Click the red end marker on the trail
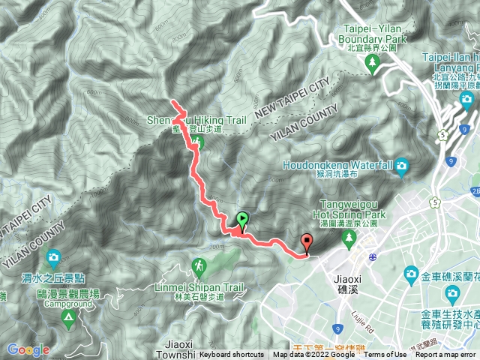307,242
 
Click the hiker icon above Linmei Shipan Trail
199,266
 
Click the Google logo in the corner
28,350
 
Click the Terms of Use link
385,355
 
